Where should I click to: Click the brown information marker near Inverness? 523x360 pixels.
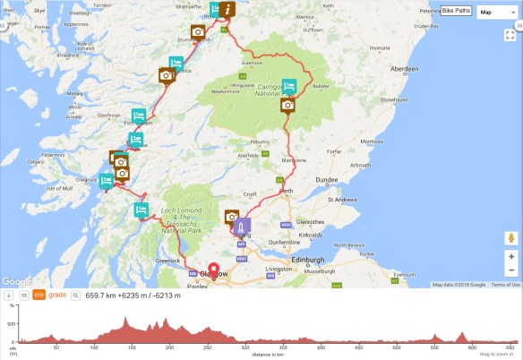230,10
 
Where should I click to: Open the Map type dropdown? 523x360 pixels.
492,12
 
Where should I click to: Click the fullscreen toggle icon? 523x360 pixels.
511,36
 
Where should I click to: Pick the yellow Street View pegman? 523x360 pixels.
511,239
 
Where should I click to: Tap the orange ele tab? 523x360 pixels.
39,295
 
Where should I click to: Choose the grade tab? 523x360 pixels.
57,295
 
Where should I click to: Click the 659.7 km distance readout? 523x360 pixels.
101,295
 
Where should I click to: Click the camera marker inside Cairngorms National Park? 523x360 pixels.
287,105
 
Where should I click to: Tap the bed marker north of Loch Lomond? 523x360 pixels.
141,210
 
